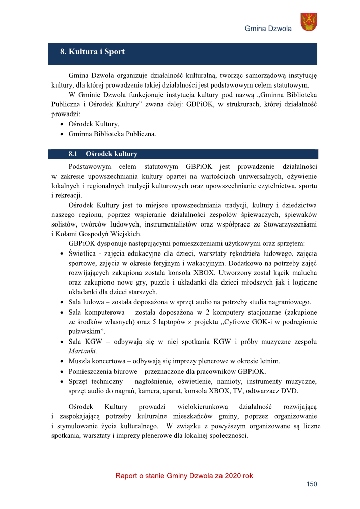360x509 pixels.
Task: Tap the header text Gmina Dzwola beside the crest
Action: (x=268, y=28)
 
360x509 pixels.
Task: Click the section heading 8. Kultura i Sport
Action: (x=92, y=52)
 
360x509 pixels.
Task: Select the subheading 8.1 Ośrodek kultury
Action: (x=102, y=153)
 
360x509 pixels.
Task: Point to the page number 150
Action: (x=311, y=484)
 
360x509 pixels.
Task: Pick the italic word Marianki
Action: (x=82, y=351)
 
